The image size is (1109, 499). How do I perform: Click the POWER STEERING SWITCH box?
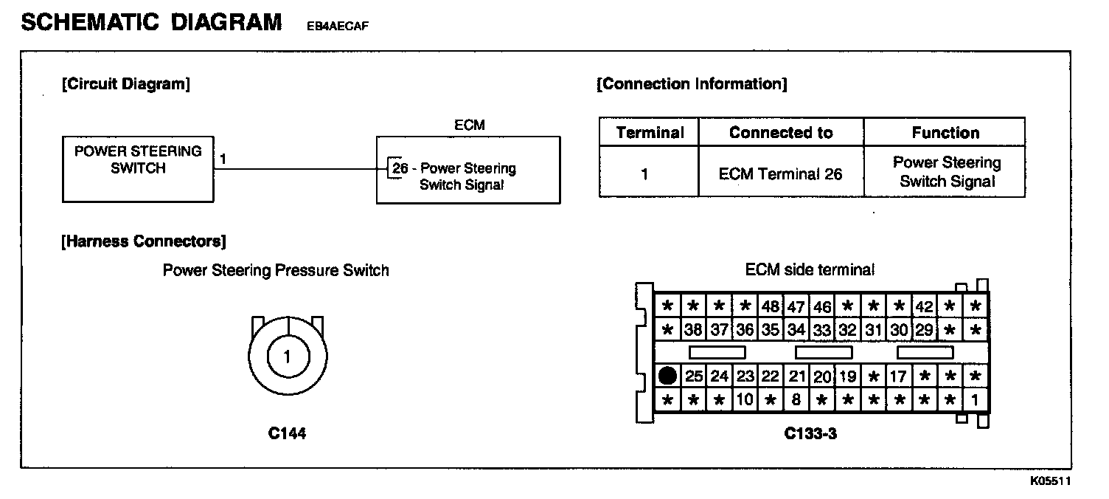pos(138,169)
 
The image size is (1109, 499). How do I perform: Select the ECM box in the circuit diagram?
pos(467,169)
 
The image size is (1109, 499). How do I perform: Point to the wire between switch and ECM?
pos(295,168)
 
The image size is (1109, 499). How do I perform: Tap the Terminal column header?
pos(649,133)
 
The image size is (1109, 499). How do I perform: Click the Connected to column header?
pos(781,133)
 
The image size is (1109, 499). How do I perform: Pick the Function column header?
pos(945,133)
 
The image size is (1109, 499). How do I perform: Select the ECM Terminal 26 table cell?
pos(781,174)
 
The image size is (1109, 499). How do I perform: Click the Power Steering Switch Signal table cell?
pos(946,172)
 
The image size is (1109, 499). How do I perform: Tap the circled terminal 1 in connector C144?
pos(287,357)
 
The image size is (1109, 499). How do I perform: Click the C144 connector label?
pos(287,434)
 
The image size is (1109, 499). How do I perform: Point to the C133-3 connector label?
pos(810,434)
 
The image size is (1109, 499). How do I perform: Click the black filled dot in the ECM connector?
pos(667,376)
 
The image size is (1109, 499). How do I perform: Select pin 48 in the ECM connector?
pos(771,306)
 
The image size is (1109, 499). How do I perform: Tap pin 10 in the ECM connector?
pos(745,401)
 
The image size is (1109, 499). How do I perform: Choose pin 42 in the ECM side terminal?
pos(924,306)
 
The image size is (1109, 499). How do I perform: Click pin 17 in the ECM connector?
pos(898,376)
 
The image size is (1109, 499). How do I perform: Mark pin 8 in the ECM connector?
pos(796,401)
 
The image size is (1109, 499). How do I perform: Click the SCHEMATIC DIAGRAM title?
pos(151,22)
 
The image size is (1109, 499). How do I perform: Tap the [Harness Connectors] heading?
pos(144,241)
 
